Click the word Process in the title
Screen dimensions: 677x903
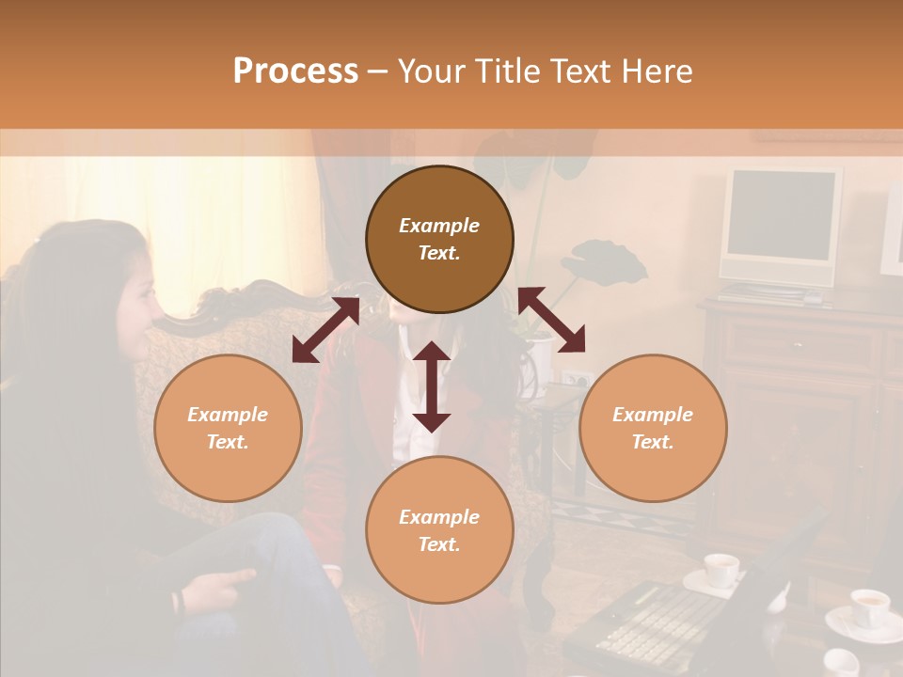pyautogui.click(x=295, y=71)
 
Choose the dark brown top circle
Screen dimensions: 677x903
pyautogui.click(x=439, y=239)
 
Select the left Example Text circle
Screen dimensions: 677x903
pyautogui.click(x=228, y=428)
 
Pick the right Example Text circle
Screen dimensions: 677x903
pyautogui.click(x=653, y=428)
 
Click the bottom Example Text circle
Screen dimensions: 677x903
pyautogui.click(x=439, y=530)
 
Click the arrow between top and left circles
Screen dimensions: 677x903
pyautogui.click(x=325, y=329)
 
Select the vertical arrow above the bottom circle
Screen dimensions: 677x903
pyautogui.click(x=432, y=386)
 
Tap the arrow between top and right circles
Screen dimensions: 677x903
pyautogui.click(x=552, y=320)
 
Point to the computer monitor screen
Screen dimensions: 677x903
pyautogui.click(x=781, y=215)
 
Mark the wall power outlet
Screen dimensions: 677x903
pyautogui.click(x=575, y=380)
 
